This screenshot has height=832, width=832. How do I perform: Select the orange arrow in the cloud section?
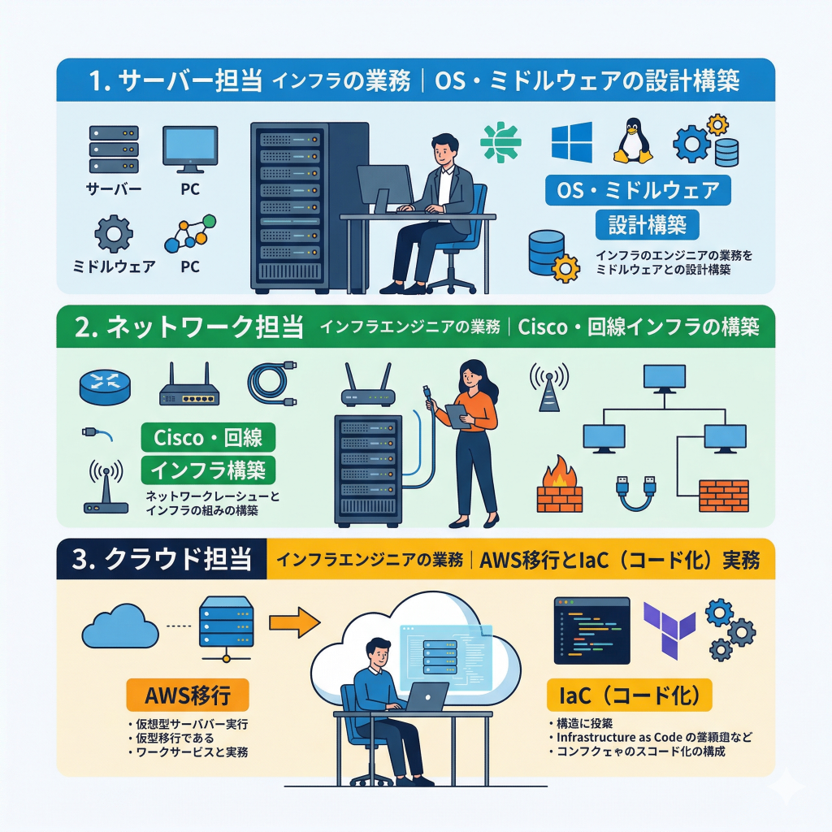(x=294, y=622)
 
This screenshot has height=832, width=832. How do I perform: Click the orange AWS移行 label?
(x=187, y=696)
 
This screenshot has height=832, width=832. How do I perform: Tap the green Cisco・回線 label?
(x=208, y=437)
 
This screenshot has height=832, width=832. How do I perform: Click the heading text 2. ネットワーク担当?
(x=188, y=327)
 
